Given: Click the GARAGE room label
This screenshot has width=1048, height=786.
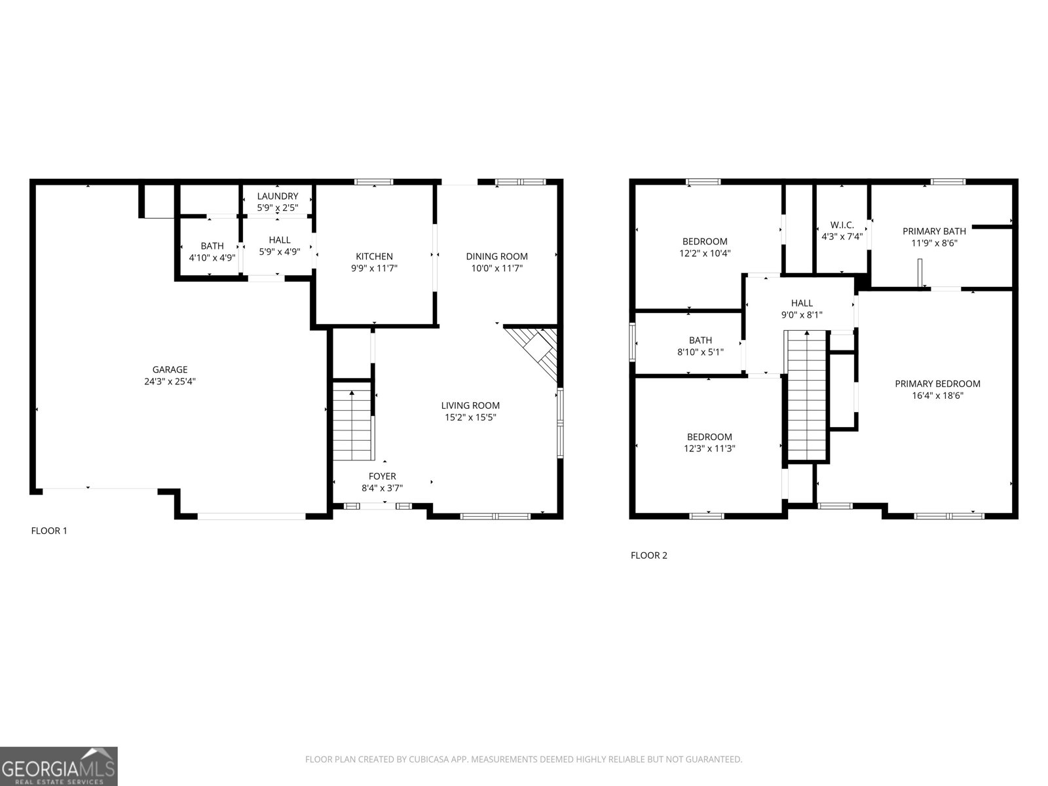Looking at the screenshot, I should tap(170, 369).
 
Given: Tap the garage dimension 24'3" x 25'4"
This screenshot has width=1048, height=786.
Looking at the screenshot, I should tap(170, 381).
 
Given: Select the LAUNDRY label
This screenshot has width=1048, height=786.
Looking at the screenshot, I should tap(278, 196).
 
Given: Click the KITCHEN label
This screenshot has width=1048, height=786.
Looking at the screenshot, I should tap(374, 256).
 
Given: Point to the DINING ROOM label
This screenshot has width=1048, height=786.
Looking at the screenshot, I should tap(496, 256).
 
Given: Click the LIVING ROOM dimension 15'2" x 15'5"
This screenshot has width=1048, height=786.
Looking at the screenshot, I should tap(470, 417).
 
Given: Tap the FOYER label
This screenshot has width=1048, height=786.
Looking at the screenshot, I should tap(382, 476).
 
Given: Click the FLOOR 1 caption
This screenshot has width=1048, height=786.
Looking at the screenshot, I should tap(49, 531).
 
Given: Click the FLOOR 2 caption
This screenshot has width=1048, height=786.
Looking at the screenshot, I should tap(648, 555).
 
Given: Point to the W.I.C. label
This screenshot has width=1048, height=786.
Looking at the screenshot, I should tap(842, 225).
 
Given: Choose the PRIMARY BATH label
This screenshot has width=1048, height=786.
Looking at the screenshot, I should tap(934, 231).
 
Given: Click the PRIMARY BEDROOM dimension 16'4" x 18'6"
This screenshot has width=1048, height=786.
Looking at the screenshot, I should tap(937, 396).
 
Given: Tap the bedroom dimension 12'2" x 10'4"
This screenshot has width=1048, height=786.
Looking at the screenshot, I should tap(704, 253).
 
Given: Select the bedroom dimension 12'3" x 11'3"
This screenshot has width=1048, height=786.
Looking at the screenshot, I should tap(709, 449).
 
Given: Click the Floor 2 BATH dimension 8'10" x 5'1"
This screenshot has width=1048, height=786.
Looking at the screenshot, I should tap(700, 352).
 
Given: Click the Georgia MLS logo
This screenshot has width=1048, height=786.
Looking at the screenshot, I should tap(58, 766).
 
